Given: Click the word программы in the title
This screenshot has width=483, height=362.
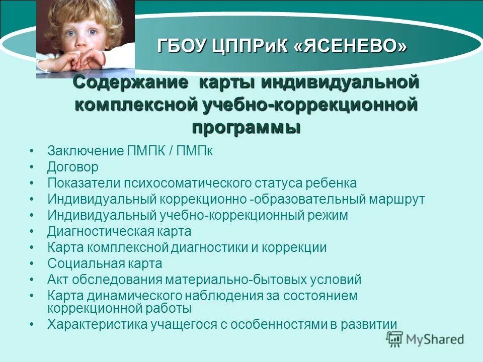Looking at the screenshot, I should pos(246,127).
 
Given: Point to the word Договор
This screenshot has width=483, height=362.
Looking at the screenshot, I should pos(73,167).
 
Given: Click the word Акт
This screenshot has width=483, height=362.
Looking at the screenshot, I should pos(57,280).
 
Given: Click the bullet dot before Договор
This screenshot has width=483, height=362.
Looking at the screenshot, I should pos(32,167).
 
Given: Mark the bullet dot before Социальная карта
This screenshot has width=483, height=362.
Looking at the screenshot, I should pos(32,263).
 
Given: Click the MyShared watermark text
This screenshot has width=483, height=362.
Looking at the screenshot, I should pos(436,339).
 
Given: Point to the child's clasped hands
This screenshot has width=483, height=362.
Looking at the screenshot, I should pos(75,60).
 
